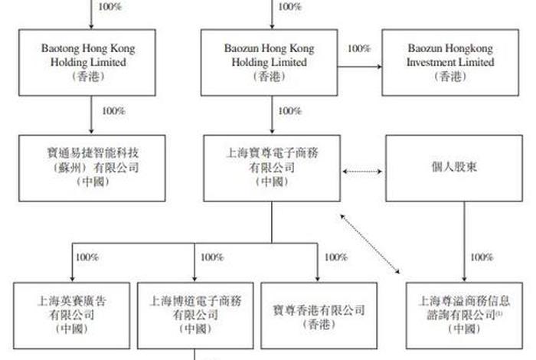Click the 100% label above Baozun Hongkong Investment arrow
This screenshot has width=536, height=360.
[x=359, y=48]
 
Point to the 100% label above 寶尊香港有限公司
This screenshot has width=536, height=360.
[x=335, y=257]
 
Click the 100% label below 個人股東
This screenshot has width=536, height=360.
[x=482, y=257]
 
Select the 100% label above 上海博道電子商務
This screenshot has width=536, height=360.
[x=211, y=257]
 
